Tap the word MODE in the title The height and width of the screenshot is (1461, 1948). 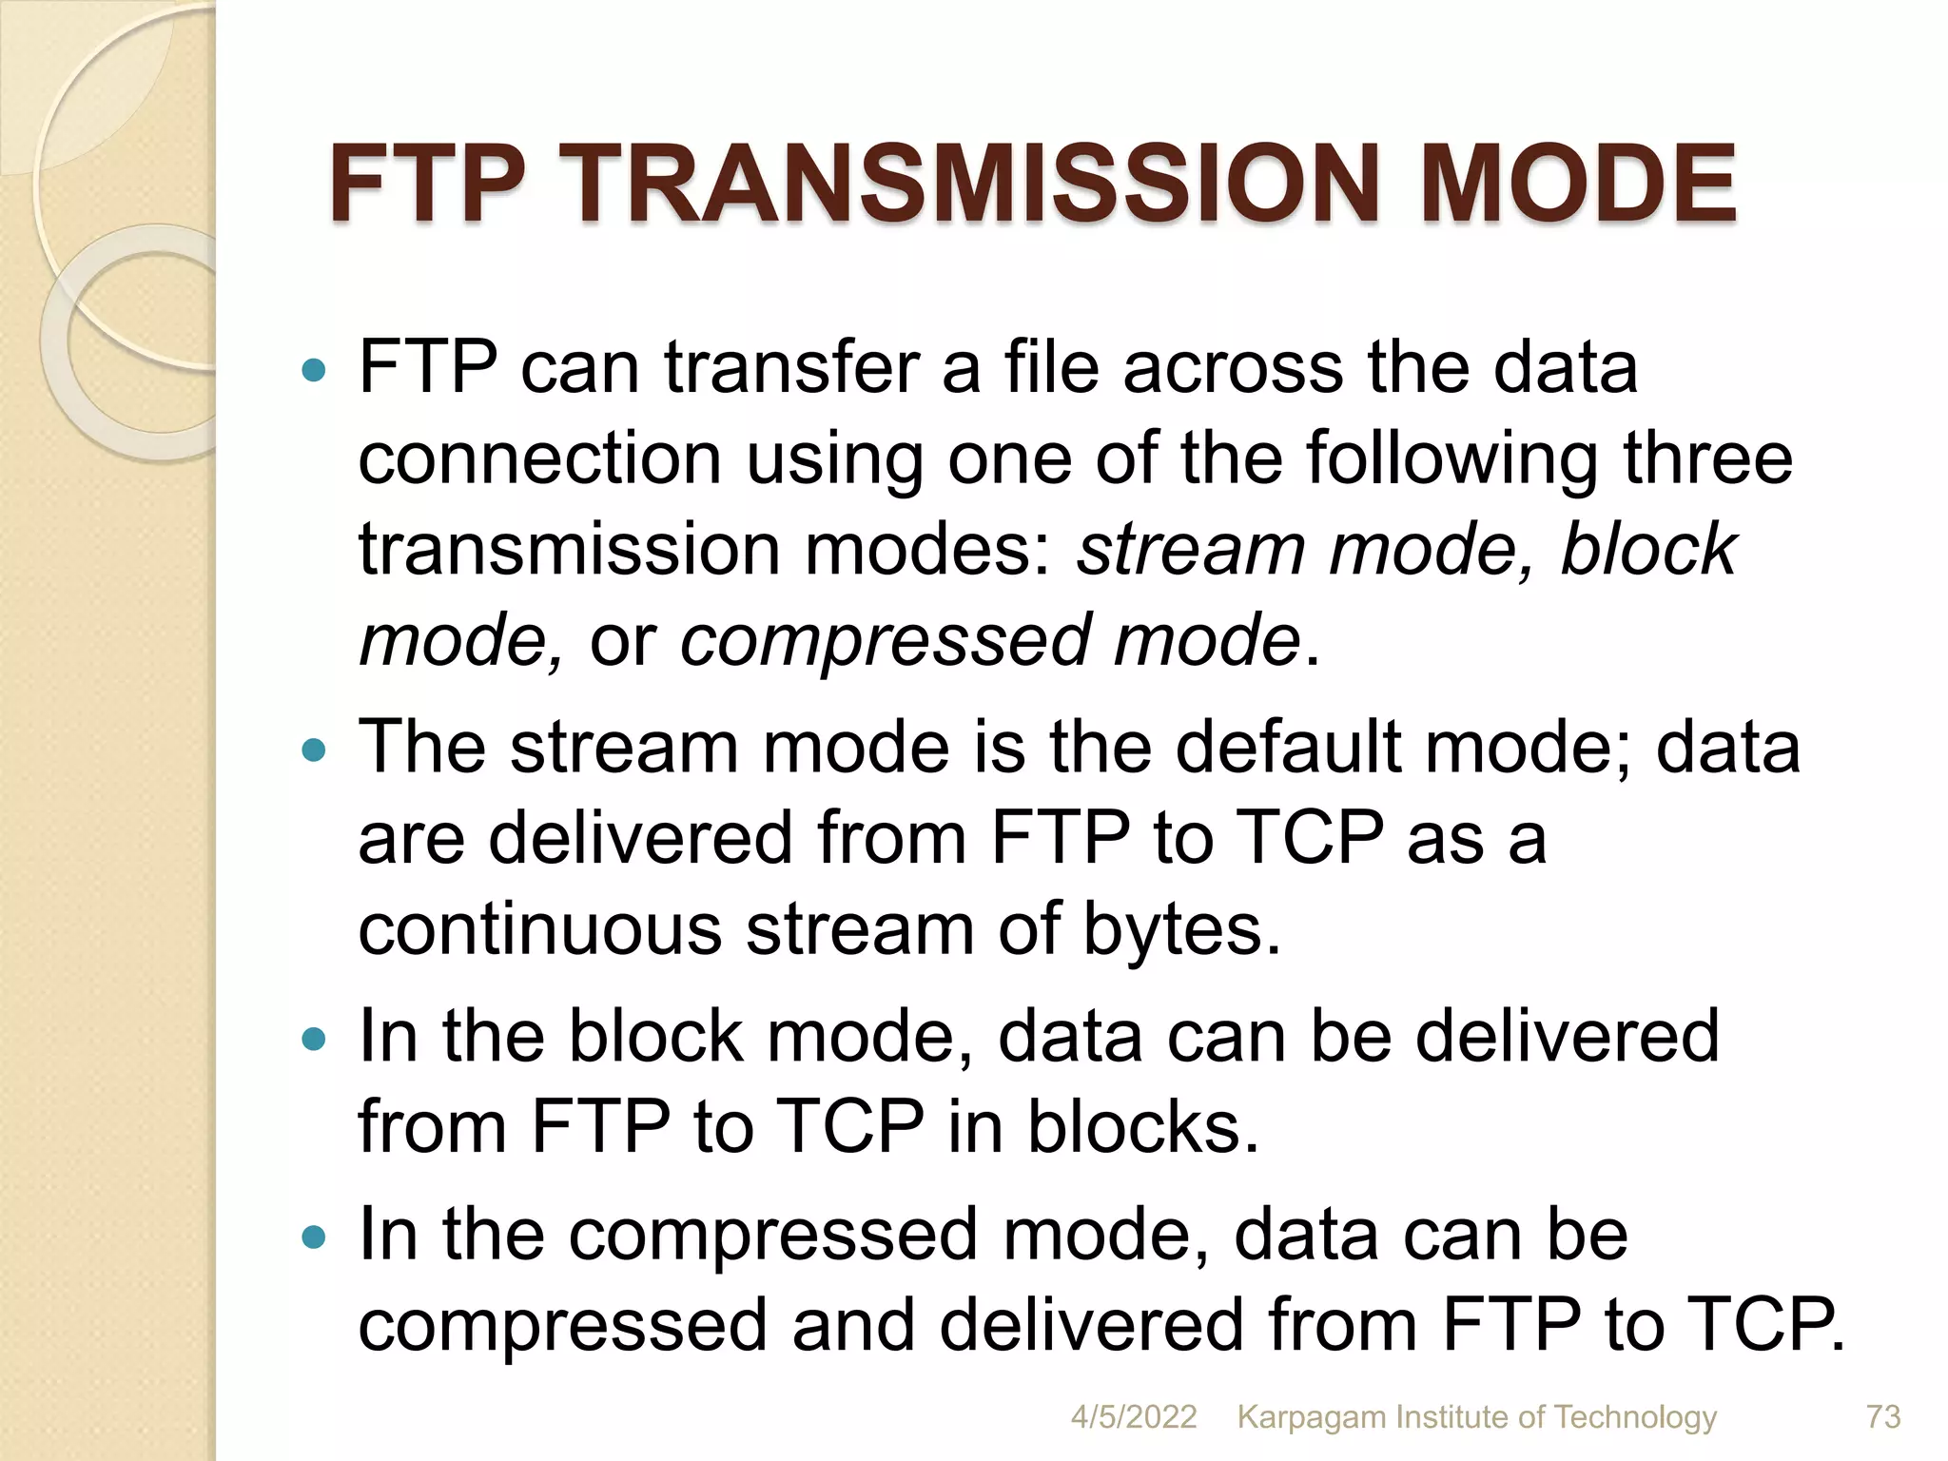point(1578,185)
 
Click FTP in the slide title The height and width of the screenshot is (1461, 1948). point(427,185)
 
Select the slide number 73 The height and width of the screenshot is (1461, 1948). point(1883,1416)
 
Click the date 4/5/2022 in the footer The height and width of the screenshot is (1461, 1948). point(1134,1416)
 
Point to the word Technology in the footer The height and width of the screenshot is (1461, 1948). point(1635,1416)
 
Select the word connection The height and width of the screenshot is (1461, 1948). point(539,458)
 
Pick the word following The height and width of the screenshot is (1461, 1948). point(1451,460)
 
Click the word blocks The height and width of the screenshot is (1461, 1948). point(1142,1126)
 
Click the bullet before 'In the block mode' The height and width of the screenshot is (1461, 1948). point(313,1039)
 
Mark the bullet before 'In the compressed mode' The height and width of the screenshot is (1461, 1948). point(313,1237)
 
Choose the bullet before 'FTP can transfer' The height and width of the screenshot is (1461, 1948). point(313,370)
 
